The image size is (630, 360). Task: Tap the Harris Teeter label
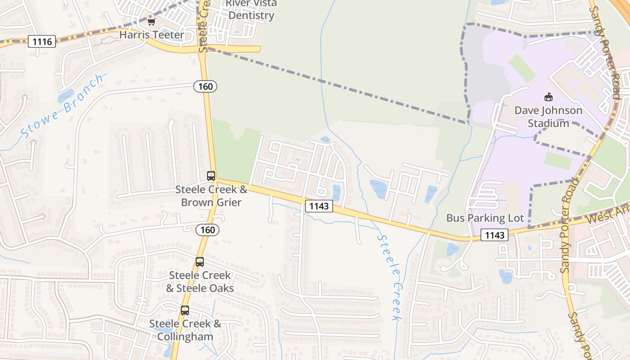(152, 35)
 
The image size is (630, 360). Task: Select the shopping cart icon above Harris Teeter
(151, 22)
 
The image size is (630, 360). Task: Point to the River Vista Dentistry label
(251, 9)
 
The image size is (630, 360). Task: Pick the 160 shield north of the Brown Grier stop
(205, 86)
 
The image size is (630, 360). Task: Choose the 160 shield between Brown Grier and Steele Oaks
(207, 230)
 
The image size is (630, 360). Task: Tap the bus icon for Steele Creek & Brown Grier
(211, 176)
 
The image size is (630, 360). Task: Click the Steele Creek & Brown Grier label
(211, 196)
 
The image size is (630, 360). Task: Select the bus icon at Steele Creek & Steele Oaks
(200, 261)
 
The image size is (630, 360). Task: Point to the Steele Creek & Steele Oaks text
(199, 281)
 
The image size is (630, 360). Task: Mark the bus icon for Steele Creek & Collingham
(185, 310)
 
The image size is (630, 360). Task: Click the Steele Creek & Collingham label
(185, 330)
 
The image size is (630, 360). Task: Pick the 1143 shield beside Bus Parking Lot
(495, 235)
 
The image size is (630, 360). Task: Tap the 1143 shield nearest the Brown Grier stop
(319, 206)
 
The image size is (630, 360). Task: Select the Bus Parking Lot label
(485, 218)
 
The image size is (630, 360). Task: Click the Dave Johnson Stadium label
(548, 117)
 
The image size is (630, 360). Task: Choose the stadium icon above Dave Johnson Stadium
(548, 97)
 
